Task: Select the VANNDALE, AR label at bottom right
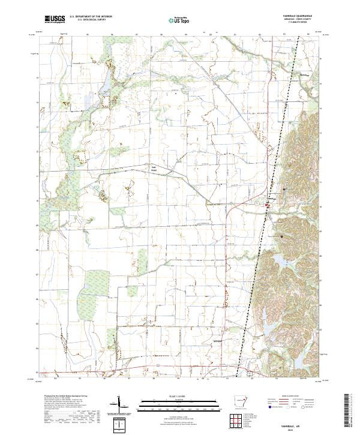297,422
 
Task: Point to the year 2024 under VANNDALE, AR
297,427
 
